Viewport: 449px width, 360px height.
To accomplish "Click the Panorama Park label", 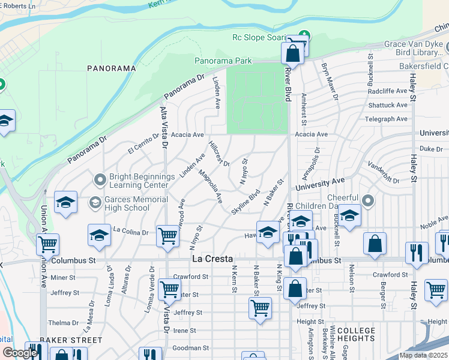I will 223,61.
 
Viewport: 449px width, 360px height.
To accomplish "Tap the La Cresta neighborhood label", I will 213,259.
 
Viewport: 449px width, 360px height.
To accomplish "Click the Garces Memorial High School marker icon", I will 95,203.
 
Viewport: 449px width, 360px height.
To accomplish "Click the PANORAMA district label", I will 111,68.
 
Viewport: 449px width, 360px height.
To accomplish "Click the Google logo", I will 20,353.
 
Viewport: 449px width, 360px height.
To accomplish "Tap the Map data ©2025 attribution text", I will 424,355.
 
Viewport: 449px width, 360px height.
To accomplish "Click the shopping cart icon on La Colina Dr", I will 167,236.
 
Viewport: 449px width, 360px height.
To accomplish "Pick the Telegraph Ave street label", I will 386,119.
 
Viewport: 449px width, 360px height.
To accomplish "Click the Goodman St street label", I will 190,347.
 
